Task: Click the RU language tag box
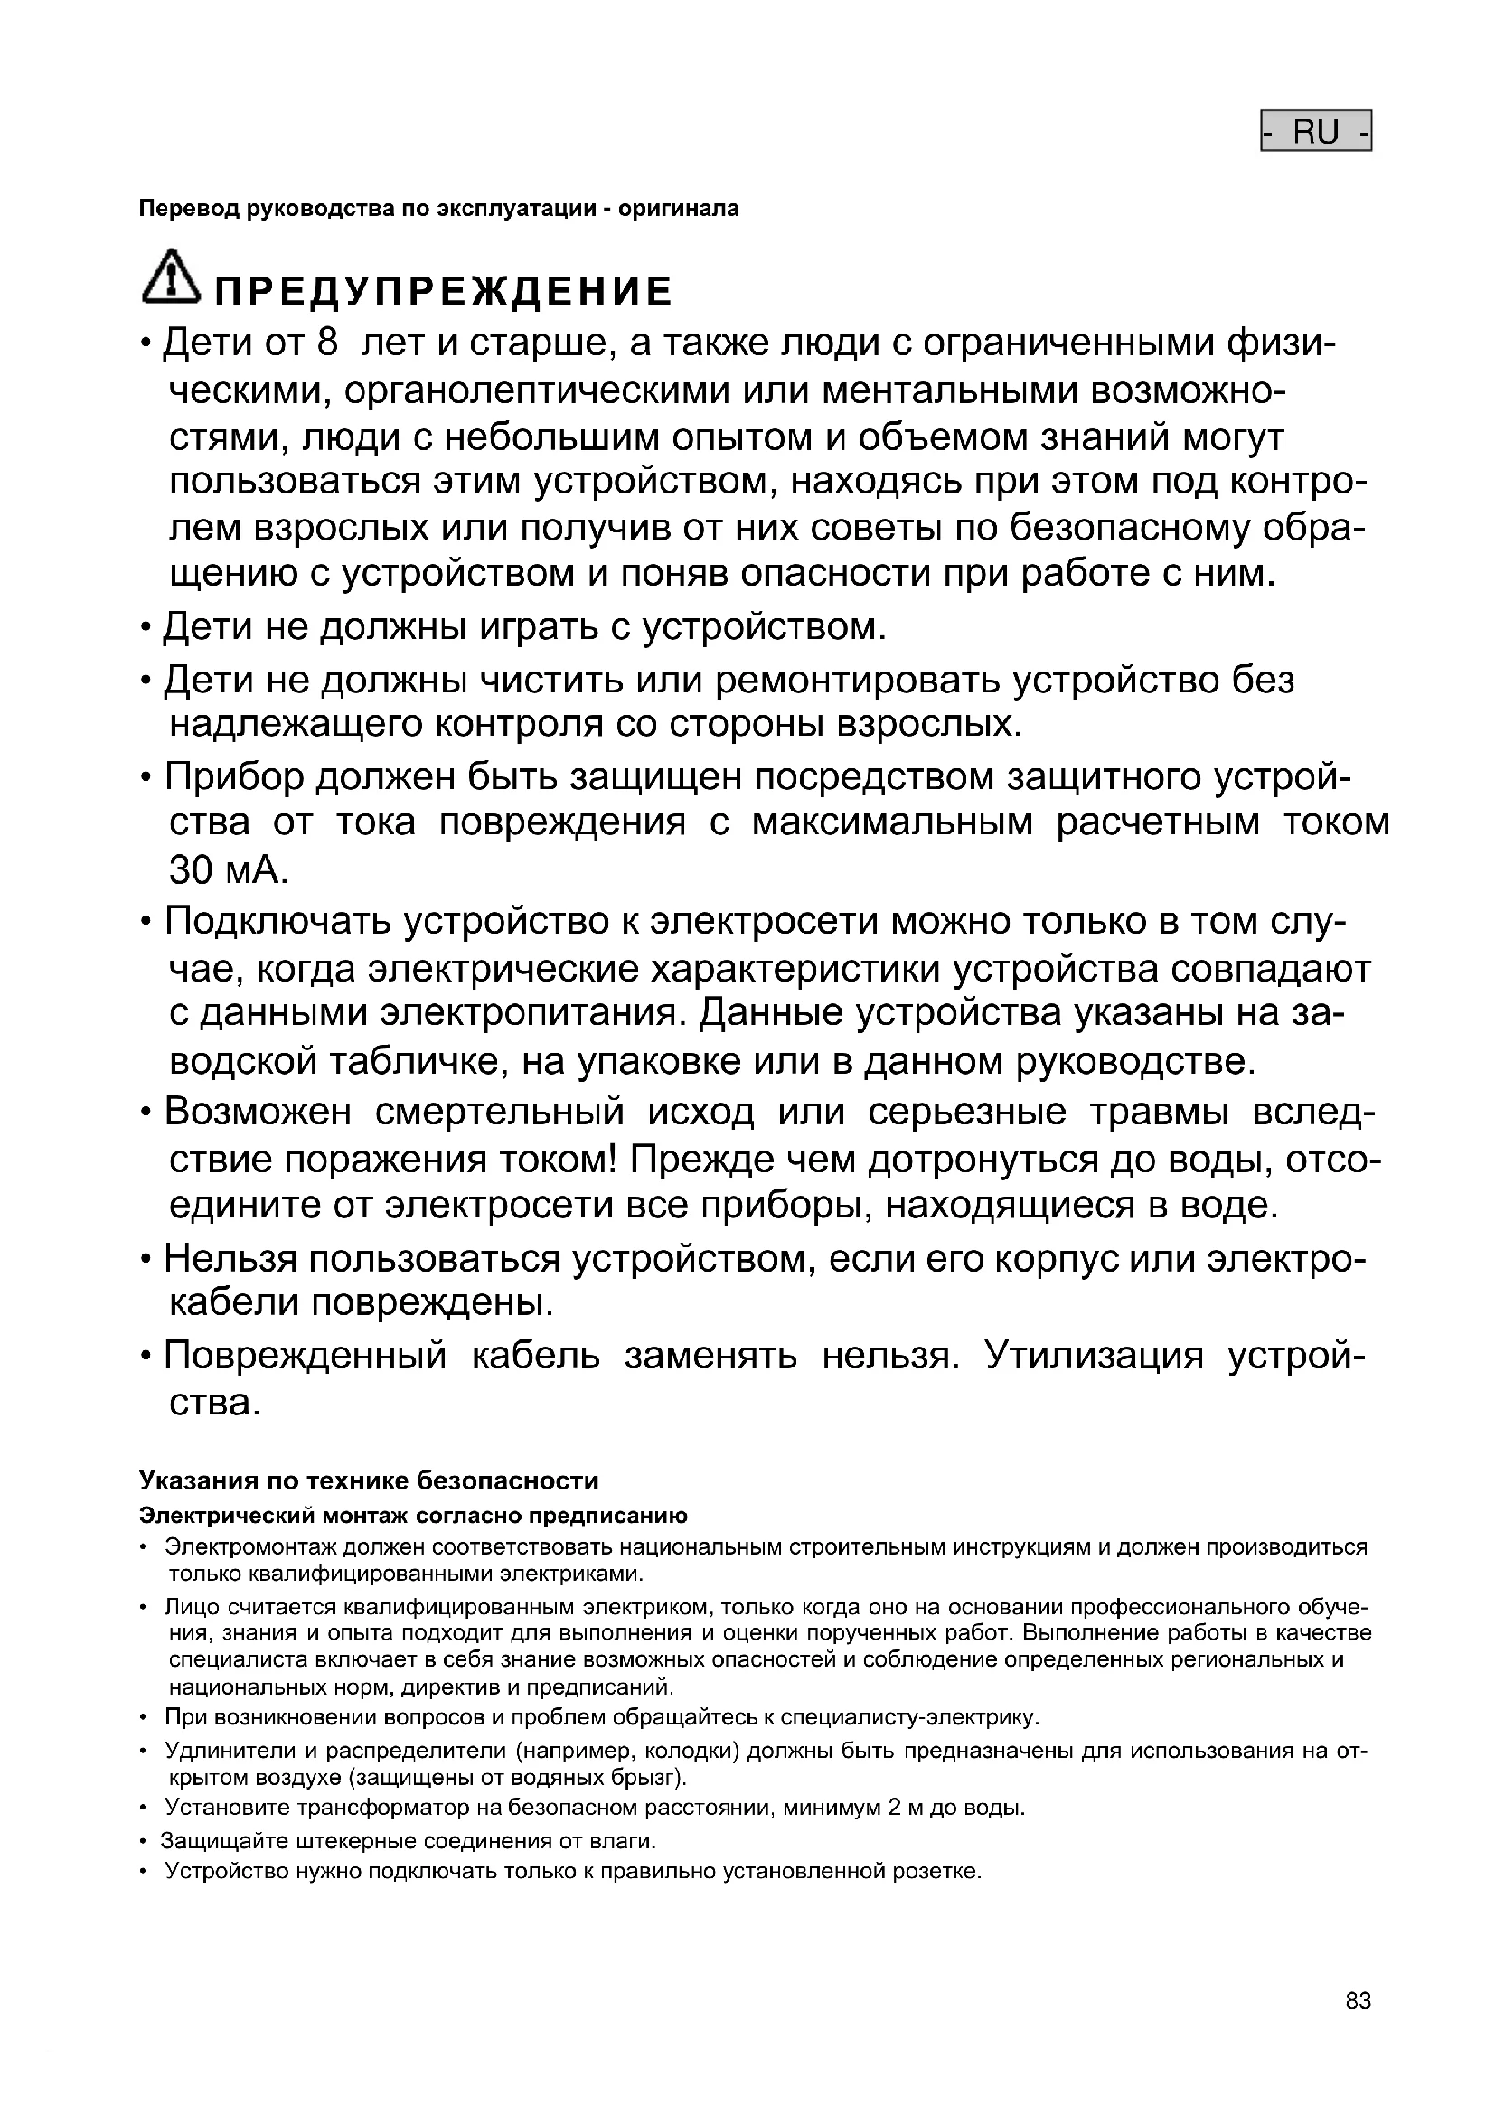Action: (x=1315, y=132)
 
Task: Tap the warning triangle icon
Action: (x=171, y=277)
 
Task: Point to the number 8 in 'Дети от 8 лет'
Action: (x=328, y=343)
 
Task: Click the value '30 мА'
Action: (x=229, y=869)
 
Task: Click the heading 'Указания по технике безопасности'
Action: (x=368, y=1480)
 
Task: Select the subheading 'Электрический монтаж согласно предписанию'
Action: (x=413, y=1516)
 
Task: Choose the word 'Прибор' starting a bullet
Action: (x=234, y=777)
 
